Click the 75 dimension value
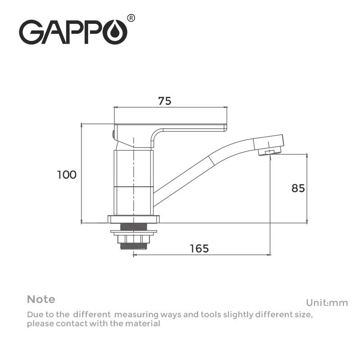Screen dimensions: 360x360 [x=165, y=101]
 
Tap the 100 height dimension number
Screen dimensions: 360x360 [x=67, y=175]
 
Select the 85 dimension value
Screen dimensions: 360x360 [x=298, y=188]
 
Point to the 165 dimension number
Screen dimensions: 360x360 [x=199, y=248]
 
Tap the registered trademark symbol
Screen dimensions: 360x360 [x=131, y=18]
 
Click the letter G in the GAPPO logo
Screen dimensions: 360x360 [x=30, y=32]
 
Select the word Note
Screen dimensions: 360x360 [x=41, y=299]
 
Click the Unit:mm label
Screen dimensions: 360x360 [x=327, y=303]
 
